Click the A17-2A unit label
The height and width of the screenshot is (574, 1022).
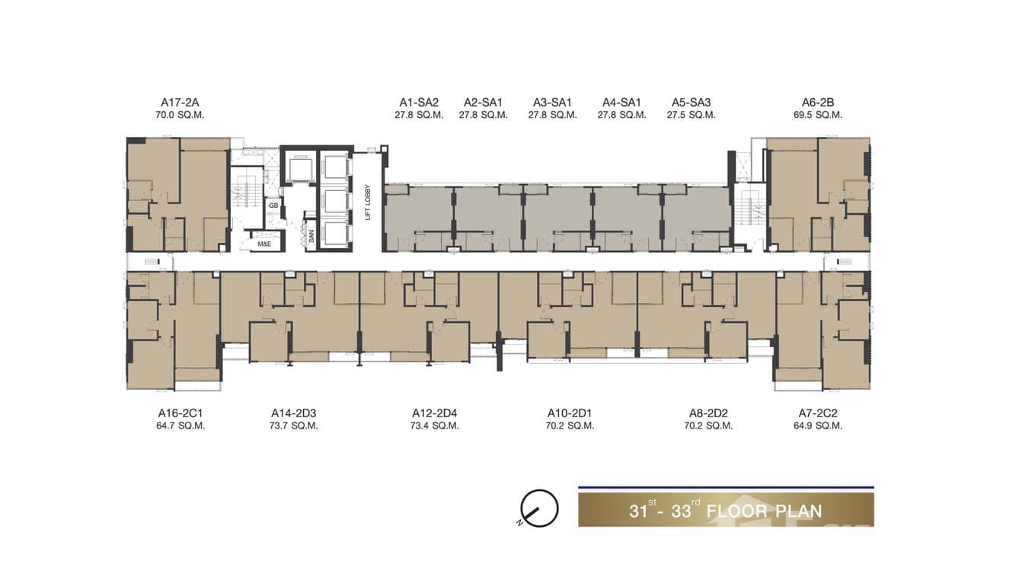[x=180, y=103]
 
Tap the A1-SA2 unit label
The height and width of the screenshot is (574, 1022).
[x=419, y=103]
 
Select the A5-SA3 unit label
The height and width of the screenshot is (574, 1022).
[x=691, y=103]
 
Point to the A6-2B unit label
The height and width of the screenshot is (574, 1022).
[x=818, y=103]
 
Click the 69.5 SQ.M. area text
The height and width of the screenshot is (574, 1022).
[x=818, y=115]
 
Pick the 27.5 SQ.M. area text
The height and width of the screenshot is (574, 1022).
[x=691, y=115]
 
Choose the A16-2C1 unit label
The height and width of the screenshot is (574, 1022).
[x=180, y=413]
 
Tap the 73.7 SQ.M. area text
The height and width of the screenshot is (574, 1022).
[x=294, y=426]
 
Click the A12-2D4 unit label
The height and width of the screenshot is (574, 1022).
[x=434, y=413]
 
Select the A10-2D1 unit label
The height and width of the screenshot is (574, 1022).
[x=570, y=413]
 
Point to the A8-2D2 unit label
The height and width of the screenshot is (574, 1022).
[x=708, y=413]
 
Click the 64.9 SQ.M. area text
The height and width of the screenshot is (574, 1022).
[x=818, y=426]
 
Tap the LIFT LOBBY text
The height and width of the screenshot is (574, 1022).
[x=368, y=202]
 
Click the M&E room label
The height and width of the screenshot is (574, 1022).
[x=264, y=244]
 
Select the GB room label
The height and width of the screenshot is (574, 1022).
[x=273, y=206]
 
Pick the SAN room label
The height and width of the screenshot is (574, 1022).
[x=311, y=236]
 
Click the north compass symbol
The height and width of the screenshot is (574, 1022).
[x=539, y=509]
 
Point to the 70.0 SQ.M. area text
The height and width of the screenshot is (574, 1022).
[x=180, y=115]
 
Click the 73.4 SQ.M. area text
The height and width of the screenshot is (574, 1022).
[x=434, y=426]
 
